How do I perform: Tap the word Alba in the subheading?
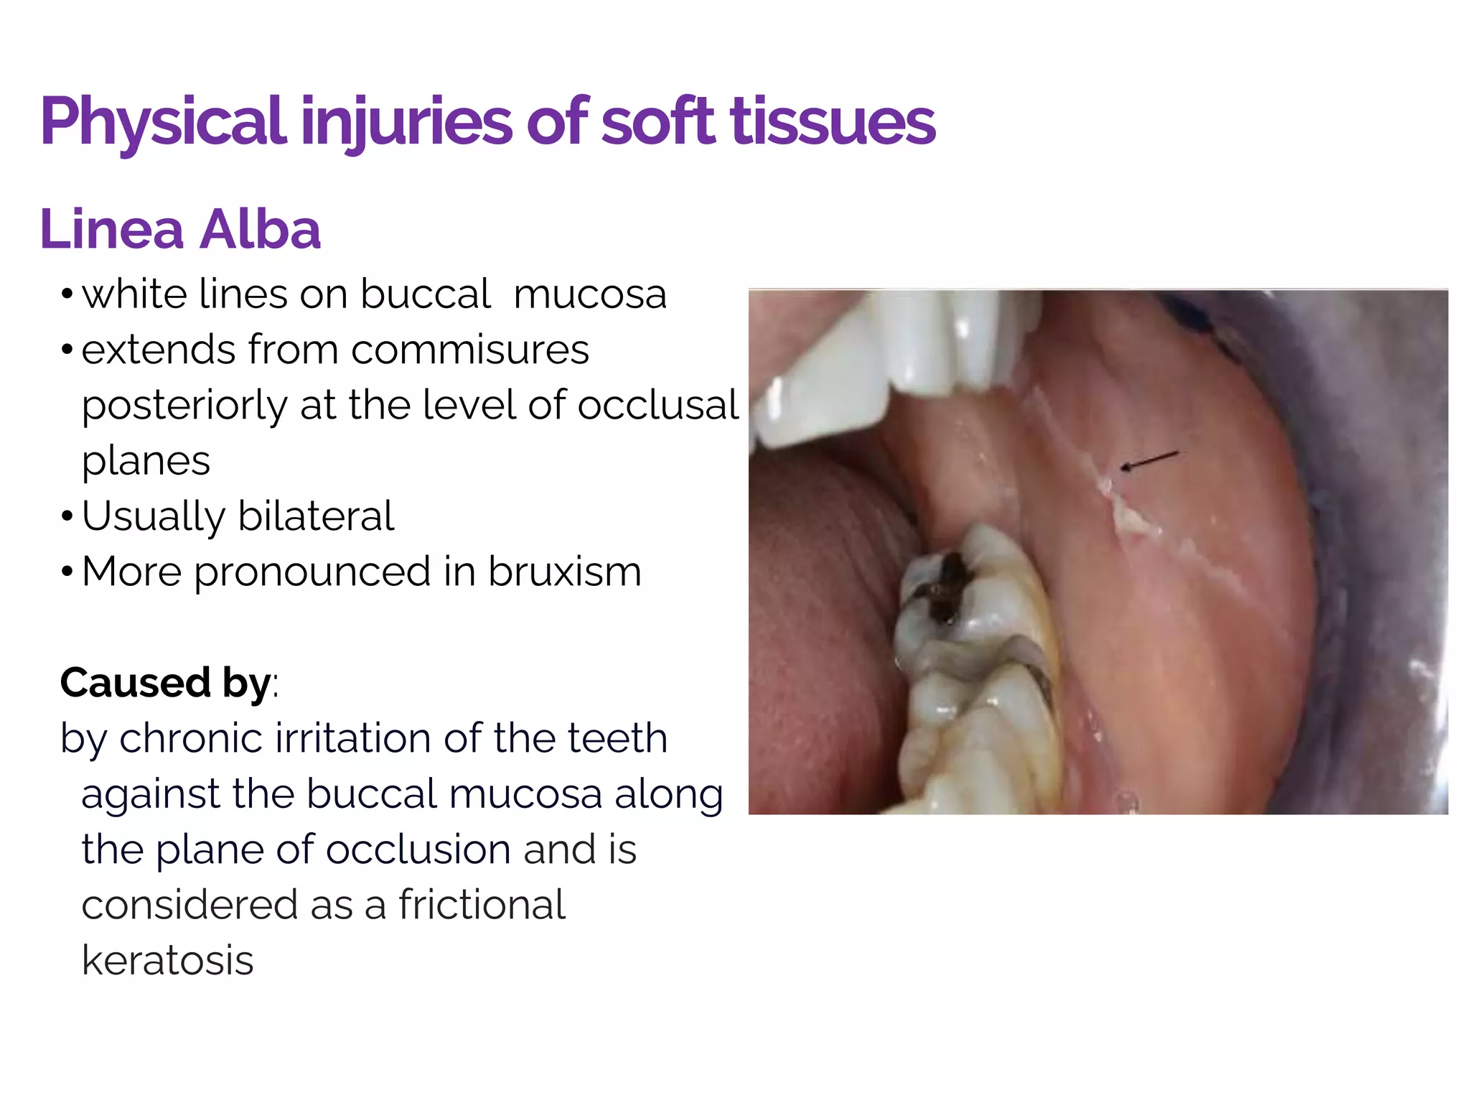click(260, 230)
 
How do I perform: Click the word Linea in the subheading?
click(112, 230)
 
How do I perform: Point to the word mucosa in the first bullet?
click(590, 294)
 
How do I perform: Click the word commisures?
click(469, 350)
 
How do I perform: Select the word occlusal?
click(657, 405)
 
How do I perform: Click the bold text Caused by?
click(165, 682)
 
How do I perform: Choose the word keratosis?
click(168, 960)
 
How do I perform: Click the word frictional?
click(482, 905)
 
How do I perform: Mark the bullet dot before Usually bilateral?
click(67, 517)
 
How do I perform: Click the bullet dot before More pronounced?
click(67, 572)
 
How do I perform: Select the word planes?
click(146, 460)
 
